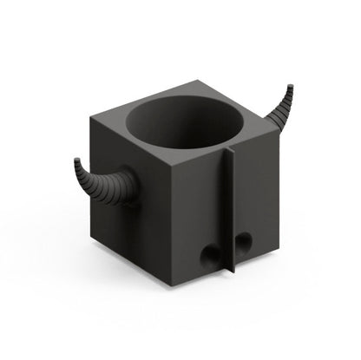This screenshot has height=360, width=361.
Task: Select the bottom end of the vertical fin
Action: coord(232,276)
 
